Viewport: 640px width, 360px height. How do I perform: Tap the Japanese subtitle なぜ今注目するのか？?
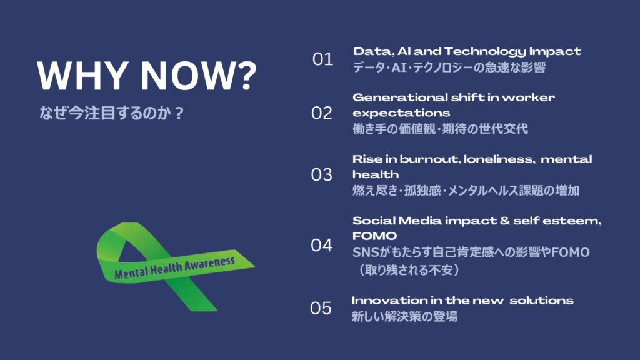(111, 113)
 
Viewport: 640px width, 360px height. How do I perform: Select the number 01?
(322, 59)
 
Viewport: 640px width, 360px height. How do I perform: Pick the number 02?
(322, 113)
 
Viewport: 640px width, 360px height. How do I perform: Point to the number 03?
(322, 175)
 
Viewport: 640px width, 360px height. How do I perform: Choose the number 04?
(322, 245)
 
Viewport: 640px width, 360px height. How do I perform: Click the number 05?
(321, 308)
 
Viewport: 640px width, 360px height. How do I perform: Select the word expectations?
(401, 114)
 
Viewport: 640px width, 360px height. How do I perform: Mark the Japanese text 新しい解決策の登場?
(404, 317)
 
